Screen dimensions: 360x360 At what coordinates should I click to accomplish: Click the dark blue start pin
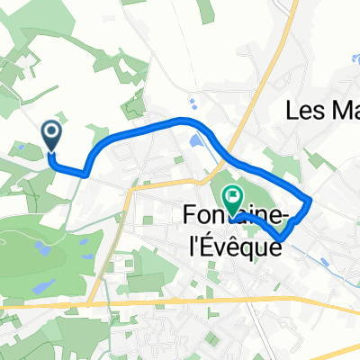coord(52,137)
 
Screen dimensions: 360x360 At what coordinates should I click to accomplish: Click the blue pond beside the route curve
coord(197,141)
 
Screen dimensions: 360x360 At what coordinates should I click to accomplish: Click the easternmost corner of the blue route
coord(310,199)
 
